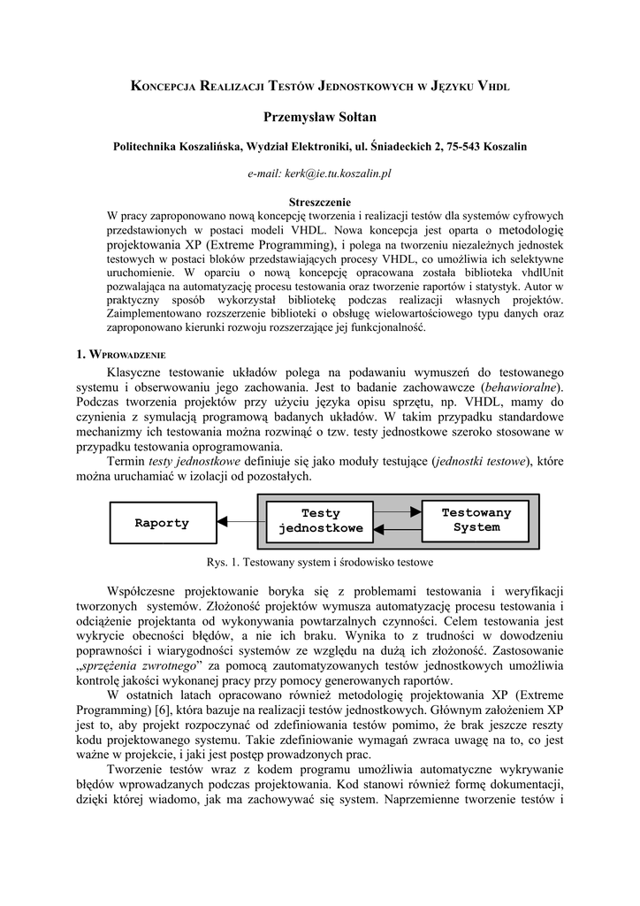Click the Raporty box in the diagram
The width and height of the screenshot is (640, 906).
163,523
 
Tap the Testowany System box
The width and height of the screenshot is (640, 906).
476,520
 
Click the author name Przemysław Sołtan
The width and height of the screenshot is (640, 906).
320,117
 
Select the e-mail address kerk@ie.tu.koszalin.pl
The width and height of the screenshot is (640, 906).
319,174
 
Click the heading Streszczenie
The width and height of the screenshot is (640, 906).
320,202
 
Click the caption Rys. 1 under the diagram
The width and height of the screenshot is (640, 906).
319,562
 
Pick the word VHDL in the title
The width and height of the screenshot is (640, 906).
493,86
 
